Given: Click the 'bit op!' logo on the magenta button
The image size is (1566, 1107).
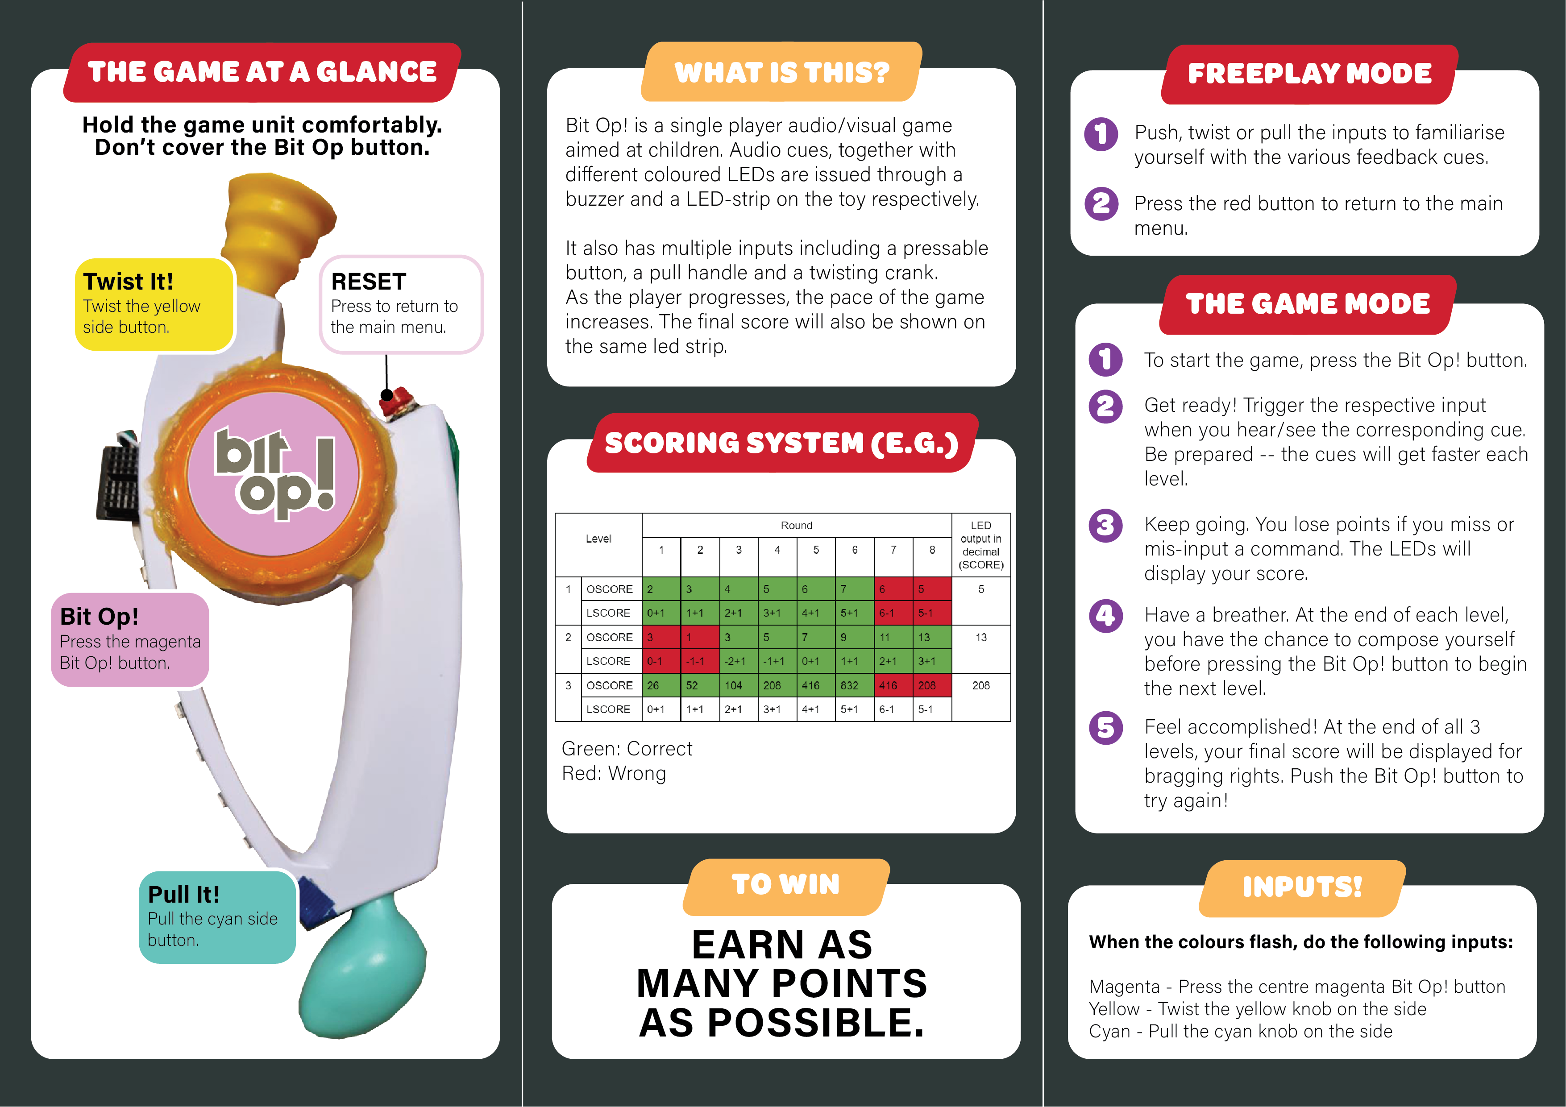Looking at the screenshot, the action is [x=275, y=473].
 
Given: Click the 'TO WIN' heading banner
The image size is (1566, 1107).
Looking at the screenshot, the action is [x=786, y=885].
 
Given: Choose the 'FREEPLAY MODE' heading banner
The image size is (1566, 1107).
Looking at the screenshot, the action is [x=1309, y=74].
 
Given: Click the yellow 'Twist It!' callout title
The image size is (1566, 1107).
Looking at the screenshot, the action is [x=128, y=281].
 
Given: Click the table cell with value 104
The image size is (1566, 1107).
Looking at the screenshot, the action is [x=739, y=685].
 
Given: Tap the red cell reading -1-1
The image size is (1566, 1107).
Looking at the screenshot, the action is [x=700, y=661].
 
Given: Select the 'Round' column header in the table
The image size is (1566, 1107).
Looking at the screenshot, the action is [x=797, y=525].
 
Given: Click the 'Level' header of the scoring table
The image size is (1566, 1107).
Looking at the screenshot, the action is [x=598, y=539].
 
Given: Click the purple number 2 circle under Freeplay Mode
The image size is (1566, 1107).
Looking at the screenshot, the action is [x=1101, y=203].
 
